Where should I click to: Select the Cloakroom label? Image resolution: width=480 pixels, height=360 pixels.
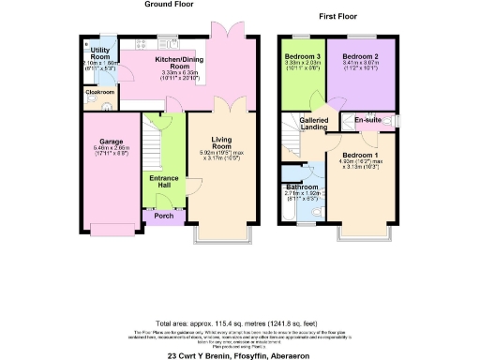point(99,92)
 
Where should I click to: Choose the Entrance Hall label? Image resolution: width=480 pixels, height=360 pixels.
point(163,181)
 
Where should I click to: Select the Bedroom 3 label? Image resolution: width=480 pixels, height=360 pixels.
point(302,56)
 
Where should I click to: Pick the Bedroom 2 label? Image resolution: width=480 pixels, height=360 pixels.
point(361,56)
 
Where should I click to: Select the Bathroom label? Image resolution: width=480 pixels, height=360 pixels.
point(302,187)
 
